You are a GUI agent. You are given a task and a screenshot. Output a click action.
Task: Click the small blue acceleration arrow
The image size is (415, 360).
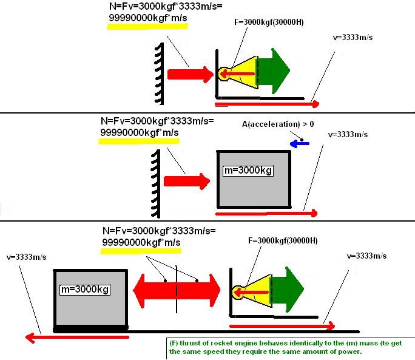(x=300, y=144)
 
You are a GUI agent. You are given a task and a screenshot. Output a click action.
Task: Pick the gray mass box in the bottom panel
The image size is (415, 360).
(x=90, y=298)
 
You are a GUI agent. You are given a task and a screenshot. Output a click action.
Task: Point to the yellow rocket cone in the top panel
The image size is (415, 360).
(x=243, y=74)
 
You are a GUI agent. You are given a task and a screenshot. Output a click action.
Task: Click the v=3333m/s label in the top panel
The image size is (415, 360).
(x=354, y=36)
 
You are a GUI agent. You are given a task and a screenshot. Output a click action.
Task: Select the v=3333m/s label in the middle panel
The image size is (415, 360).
(x=347, y=134)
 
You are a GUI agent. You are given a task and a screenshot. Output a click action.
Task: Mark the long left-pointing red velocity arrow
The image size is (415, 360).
(x=76, y=336)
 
